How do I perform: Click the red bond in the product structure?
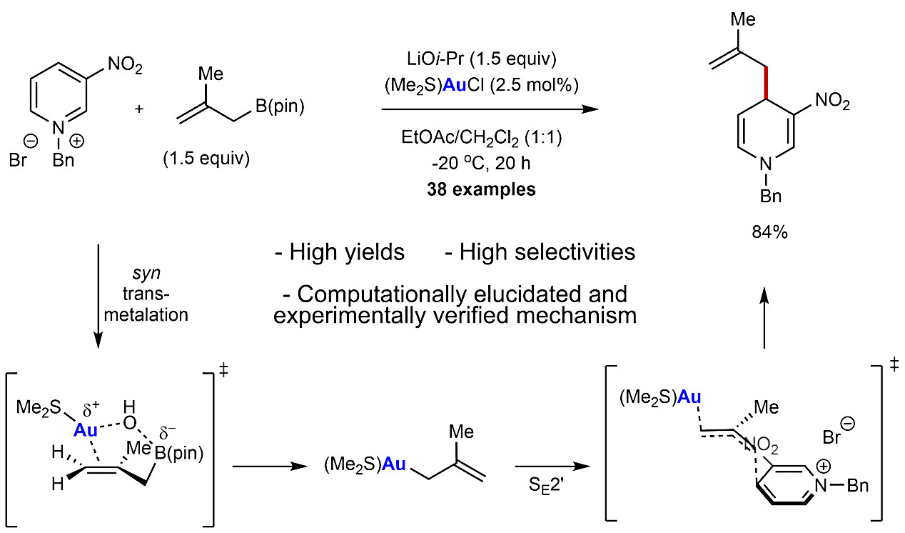click(765, 83)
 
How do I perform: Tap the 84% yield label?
click(769, 232)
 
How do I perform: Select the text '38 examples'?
click(481, 189)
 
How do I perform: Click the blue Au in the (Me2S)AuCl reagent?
click(455, 85)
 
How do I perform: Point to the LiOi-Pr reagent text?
click(435, 59)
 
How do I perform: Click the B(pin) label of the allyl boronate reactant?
click(280, 106)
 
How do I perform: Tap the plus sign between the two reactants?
click(139, 109)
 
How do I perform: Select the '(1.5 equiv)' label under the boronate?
click(206, 158)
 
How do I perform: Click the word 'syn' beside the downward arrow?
click(146, 274)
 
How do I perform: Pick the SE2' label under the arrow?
click(546, 485)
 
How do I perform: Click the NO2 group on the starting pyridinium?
click(125, 65)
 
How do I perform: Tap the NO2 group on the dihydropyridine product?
click(833, 101)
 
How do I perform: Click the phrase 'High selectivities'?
click(540, 252)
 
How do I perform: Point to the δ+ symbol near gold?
click(91, 410)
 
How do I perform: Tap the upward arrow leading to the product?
click(764, 318)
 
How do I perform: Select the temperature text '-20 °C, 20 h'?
click(481, 163)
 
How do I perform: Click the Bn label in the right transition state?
click(857, 485)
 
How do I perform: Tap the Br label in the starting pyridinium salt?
click(18, 161)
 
